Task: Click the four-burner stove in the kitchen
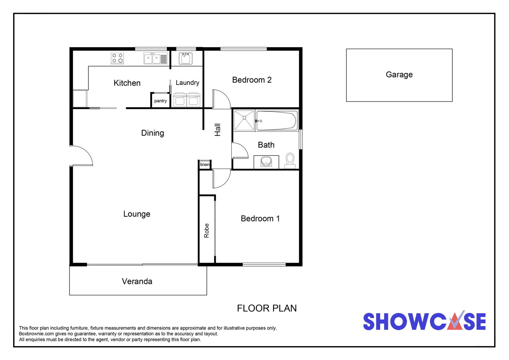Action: (x=117, y=58)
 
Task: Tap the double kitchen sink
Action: (x=155, y=58)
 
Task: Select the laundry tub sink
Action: (x=186, y=58)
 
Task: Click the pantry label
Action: (x=161, y=101)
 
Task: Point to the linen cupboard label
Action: (x=205, y=164)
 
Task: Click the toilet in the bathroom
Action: (x=290, y=161)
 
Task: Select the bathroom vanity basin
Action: (x=266, y=161)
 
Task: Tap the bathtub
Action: (x=276, y=121)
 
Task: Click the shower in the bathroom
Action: (x=244, y=121)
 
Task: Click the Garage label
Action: (x=399, y=75)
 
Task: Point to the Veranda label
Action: (x=137, y=281)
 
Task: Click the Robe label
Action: (x=206, y=231)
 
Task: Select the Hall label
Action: (x=218, y=130)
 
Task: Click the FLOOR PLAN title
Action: (x=267, y=308)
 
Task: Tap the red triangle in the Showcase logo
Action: (x=454, y=323)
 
